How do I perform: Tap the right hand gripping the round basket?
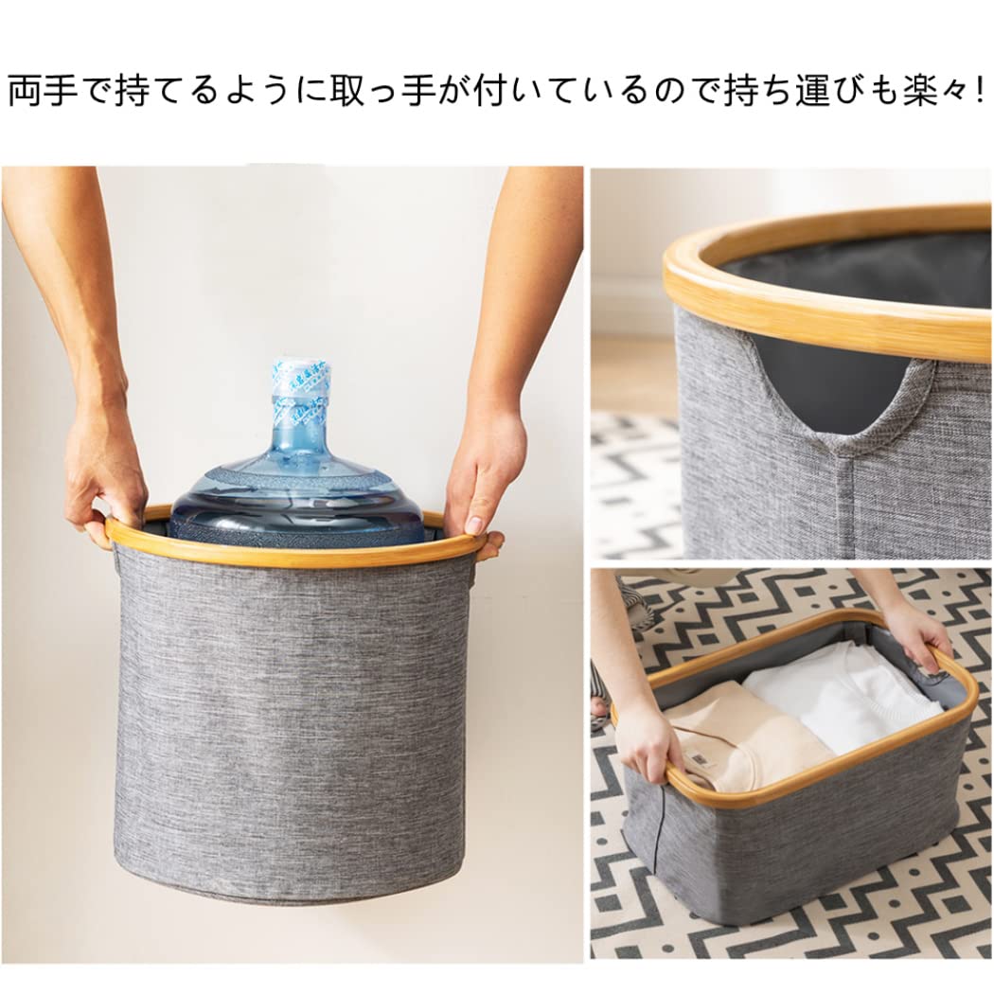(x=485, y=473)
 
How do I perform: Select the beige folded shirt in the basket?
(x=748, y=738)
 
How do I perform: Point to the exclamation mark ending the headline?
(x=978, y=92)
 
